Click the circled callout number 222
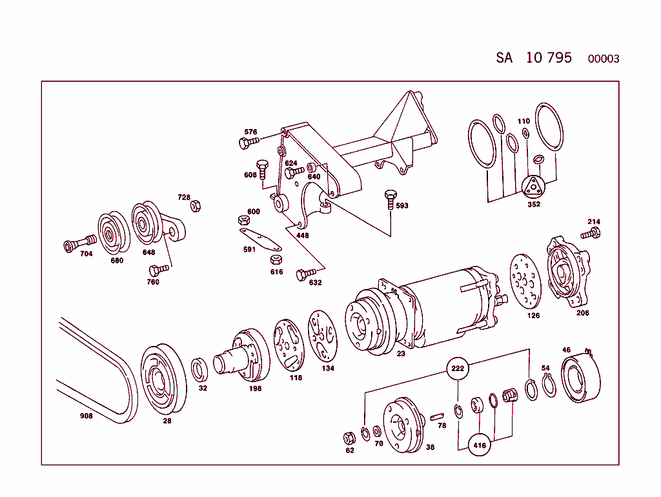tap(457, 368)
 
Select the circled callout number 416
tap(480, 445)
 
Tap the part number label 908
tap(86, 416)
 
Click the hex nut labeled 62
tap(349, 438)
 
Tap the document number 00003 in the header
tap(603, 59)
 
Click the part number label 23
tap(401, 353)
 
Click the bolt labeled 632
tap(303, 275)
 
